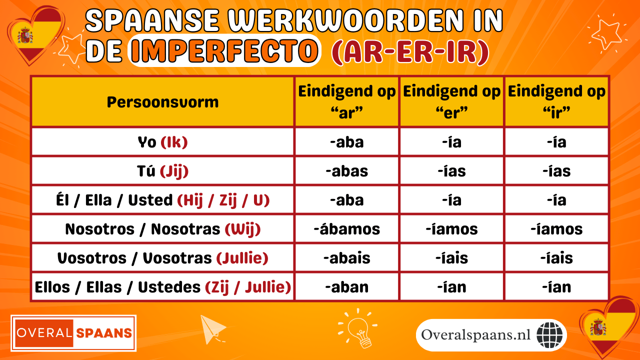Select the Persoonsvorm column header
(x=162, y=102)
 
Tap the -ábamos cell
(x=347, y=229)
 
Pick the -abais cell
(x=347, y=258)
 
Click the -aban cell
(x=347, y=287)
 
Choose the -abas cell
(x=347, y=171)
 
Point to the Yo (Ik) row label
(x=162, y=142)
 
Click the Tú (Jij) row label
(x=162, y=171)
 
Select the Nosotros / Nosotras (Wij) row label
(x=162, y=229)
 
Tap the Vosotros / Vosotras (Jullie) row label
(x=162, y=258)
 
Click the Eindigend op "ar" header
(x=347, y=102)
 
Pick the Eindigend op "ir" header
(x=556, y=102)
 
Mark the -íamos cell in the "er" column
(x=452, y=229)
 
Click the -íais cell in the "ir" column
(x=556, y=258)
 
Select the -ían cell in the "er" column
(x=452, y=287)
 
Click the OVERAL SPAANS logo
(x=73, y=333)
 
